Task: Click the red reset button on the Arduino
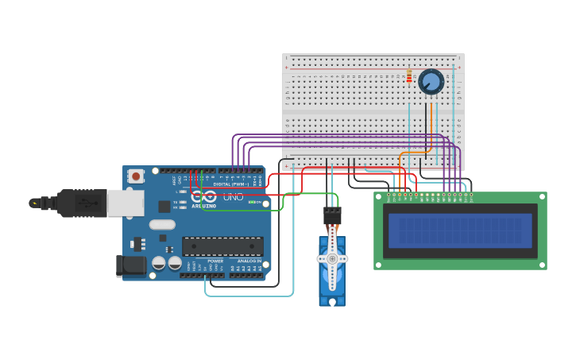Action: point(136,176)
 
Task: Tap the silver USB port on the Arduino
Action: point(126,203)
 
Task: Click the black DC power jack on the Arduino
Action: point(130,265)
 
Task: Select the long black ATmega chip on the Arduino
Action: point(222,246)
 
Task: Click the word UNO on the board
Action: point(234,196)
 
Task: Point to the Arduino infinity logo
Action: point(203,195)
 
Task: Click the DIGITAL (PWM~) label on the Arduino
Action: point(231,184)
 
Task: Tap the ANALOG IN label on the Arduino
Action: point(249,261)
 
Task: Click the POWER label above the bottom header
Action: point(215,261)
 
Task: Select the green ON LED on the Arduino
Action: point(252,202)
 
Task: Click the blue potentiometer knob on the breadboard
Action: point(431,81)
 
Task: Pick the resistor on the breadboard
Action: point(409,76)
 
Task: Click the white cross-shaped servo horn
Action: point(332,258)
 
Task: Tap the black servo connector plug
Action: point(332,215)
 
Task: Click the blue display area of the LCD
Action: point(460,230)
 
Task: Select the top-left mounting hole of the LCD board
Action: point(379,197)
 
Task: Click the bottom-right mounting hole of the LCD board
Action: point(542,265)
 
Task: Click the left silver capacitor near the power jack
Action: point(159,261)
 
